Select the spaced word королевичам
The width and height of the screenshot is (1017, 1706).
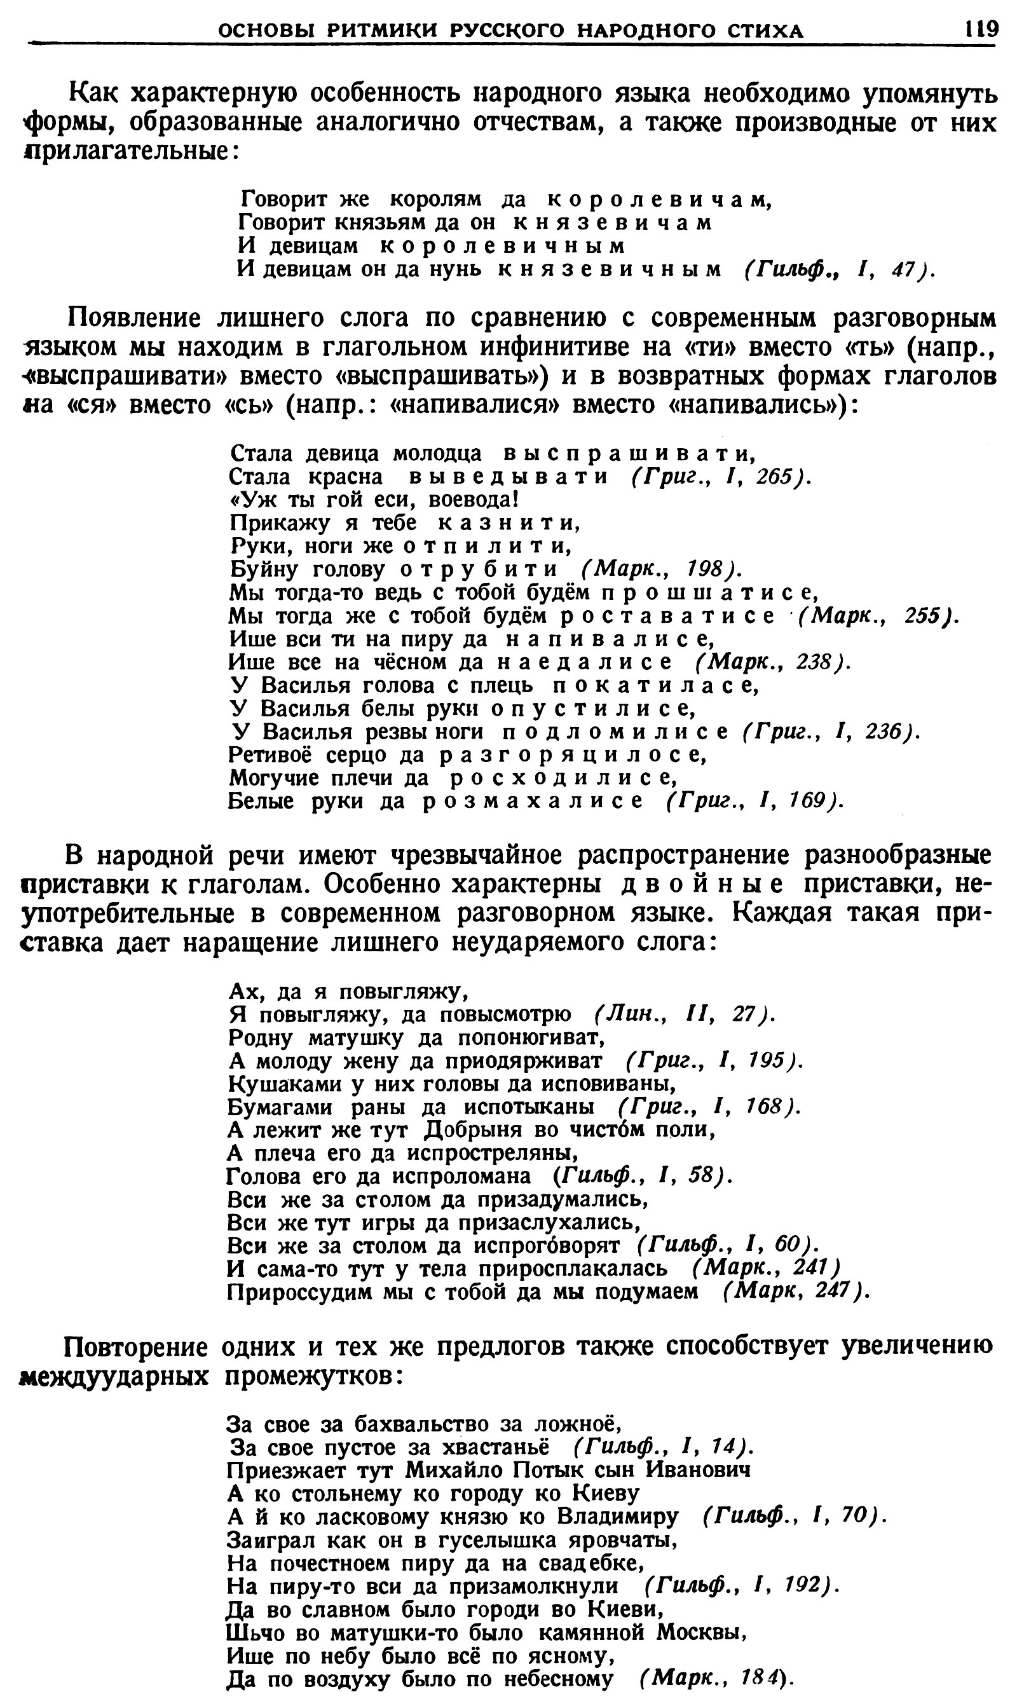coord(660,200)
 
